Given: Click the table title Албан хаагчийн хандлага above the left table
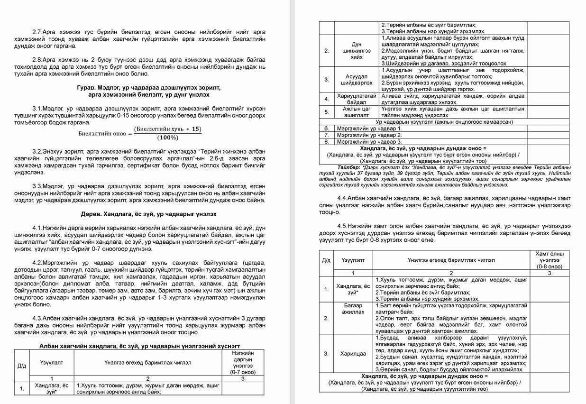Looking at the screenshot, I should tap(139, 346).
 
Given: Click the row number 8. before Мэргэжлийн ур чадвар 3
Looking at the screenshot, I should tap(326, 141).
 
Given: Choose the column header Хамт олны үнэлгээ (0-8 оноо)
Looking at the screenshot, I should tap(549, 260).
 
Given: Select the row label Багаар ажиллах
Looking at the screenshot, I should tap(353, 309).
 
